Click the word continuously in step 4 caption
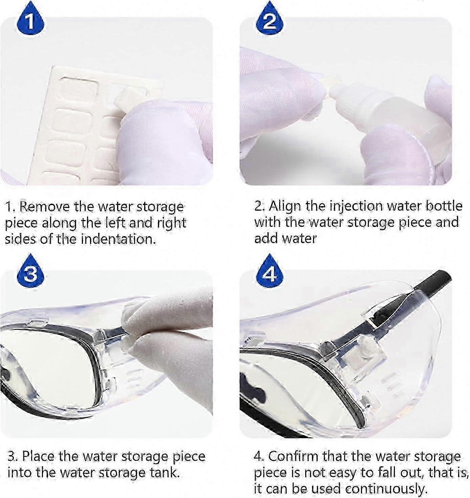pyautogui.click(x=386, y=489)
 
